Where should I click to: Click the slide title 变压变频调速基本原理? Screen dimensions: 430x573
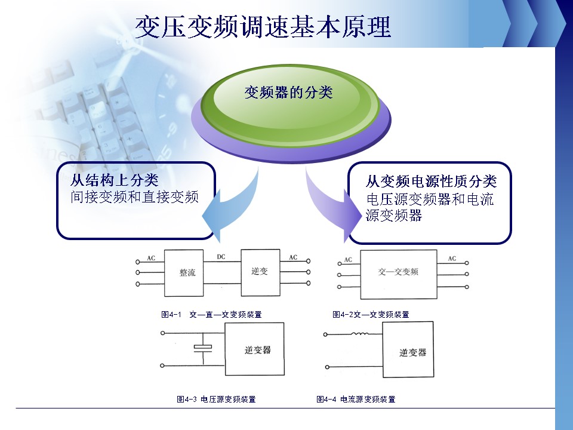(263, 27)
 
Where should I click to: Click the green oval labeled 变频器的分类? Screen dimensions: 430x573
(288, 93)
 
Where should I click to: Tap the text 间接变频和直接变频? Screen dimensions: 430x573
(134, 197)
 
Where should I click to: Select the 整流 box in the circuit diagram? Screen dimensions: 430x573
(187, 272)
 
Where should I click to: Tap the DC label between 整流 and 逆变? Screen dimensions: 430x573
(221, 257)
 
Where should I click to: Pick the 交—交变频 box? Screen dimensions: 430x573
(399, 272)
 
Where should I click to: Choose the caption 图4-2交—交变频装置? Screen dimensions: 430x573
(370, 314)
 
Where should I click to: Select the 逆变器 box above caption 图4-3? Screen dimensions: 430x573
(254, 349)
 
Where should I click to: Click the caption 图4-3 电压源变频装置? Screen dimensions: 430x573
(217, 399)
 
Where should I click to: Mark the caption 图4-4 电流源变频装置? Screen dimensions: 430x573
(356, 399)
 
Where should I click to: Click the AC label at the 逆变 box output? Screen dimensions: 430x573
(293, 257)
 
